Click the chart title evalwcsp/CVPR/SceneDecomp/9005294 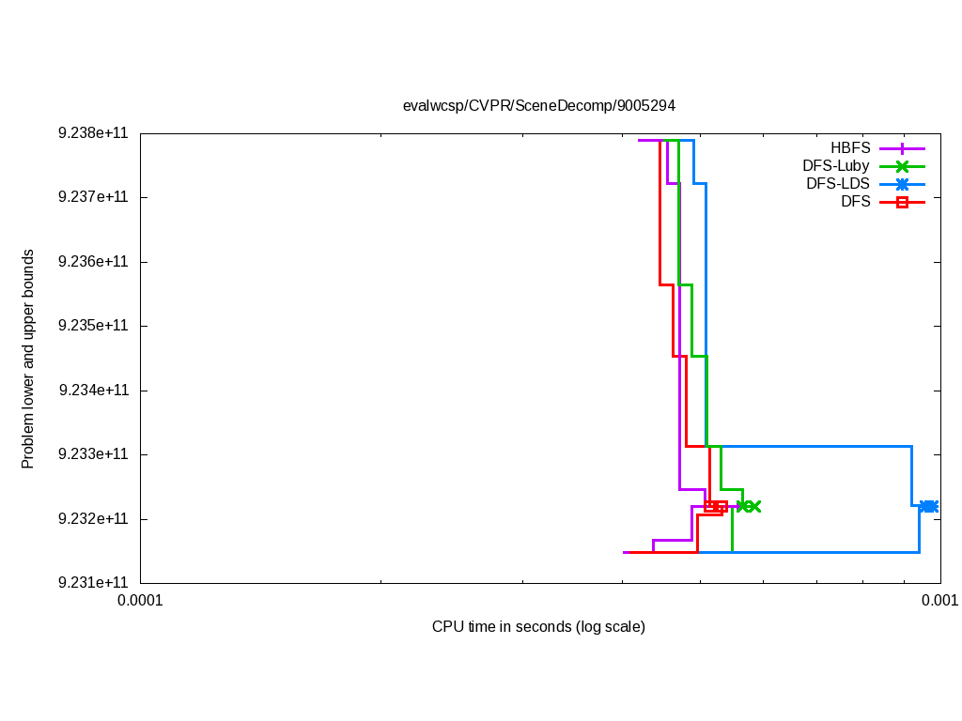(538, 106)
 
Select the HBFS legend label (850, 148)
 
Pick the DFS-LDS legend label (838, 184)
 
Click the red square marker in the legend (902, 202)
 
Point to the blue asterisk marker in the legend (902, 184)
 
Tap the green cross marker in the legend (902, 166)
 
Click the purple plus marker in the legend (902, 148)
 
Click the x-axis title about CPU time (538, 626)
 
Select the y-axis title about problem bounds (28, 359)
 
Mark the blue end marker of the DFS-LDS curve (929, 507)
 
